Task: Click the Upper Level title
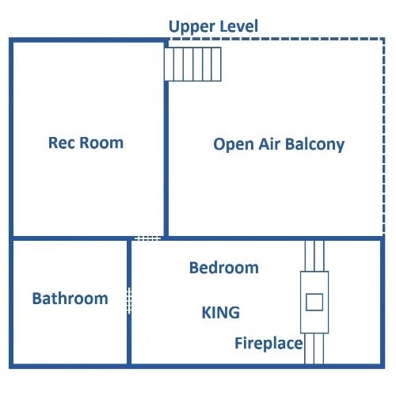click(213, 27)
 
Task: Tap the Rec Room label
click(86, 143)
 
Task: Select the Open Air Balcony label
click(279, 145)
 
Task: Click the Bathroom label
click(70, 299)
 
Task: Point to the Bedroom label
click(224, 268)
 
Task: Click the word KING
click(221, 313)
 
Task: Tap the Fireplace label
click(268, 344)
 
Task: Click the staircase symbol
click(192, 64)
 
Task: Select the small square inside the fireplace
click(314, 302)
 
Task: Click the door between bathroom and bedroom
click(129, 301)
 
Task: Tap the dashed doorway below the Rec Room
click(148, 238)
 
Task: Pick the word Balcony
click(315, 145)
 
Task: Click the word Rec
click(62, 143)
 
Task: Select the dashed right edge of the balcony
click(383, 137)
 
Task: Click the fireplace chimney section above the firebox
click(314, 256)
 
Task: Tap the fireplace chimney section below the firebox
click(314, 348)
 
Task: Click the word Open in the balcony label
click(234, 145)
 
